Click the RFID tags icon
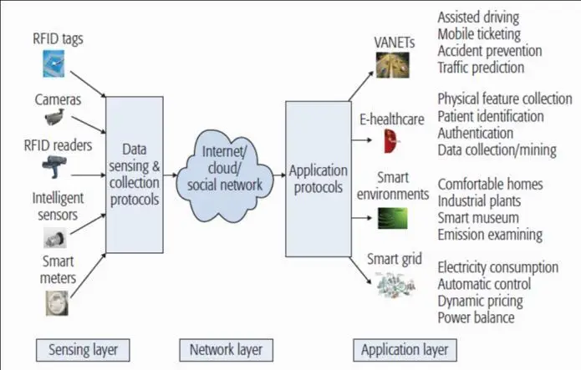tap(54, 64)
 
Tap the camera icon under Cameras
tap(56, 117)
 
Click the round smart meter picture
tap(56, 302)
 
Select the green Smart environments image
tap(390, 218)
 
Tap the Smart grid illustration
tap(397, 286)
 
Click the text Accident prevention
tap(489, 51)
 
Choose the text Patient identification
tap(491, 116)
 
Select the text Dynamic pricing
tap(481, 301)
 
